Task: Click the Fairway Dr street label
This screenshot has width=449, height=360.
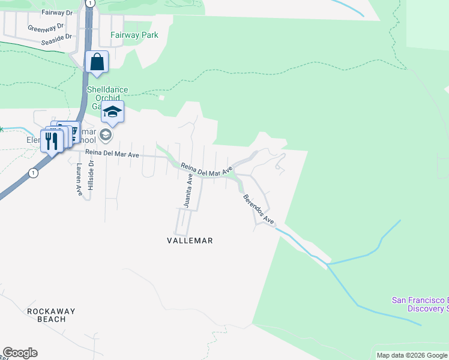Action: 56,12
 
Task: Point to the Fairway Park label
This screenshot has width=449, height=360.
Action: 134,35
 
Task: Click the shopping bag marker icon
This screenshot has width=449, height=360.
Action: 97,62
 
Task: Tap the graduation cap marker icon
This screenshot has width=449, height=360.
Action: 112,111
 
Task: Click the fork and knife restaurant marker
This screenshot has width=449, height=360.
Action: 51,141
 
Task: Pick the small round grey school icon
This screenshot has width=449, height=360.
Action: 106,135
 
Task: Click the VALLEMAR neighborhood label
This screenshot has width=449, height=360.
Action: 190,241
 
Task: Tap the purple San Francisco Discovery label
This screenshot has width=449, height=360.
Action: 420,304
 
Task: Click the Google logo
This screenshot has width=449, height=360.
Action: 20,353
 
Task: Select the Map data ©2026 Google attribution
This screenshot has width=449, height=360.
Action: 411,355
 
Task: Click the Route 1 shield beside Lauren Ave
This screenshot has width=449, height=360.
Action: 33,173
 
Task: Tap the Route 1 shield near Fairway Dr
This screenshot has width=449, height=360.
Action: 89,3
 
